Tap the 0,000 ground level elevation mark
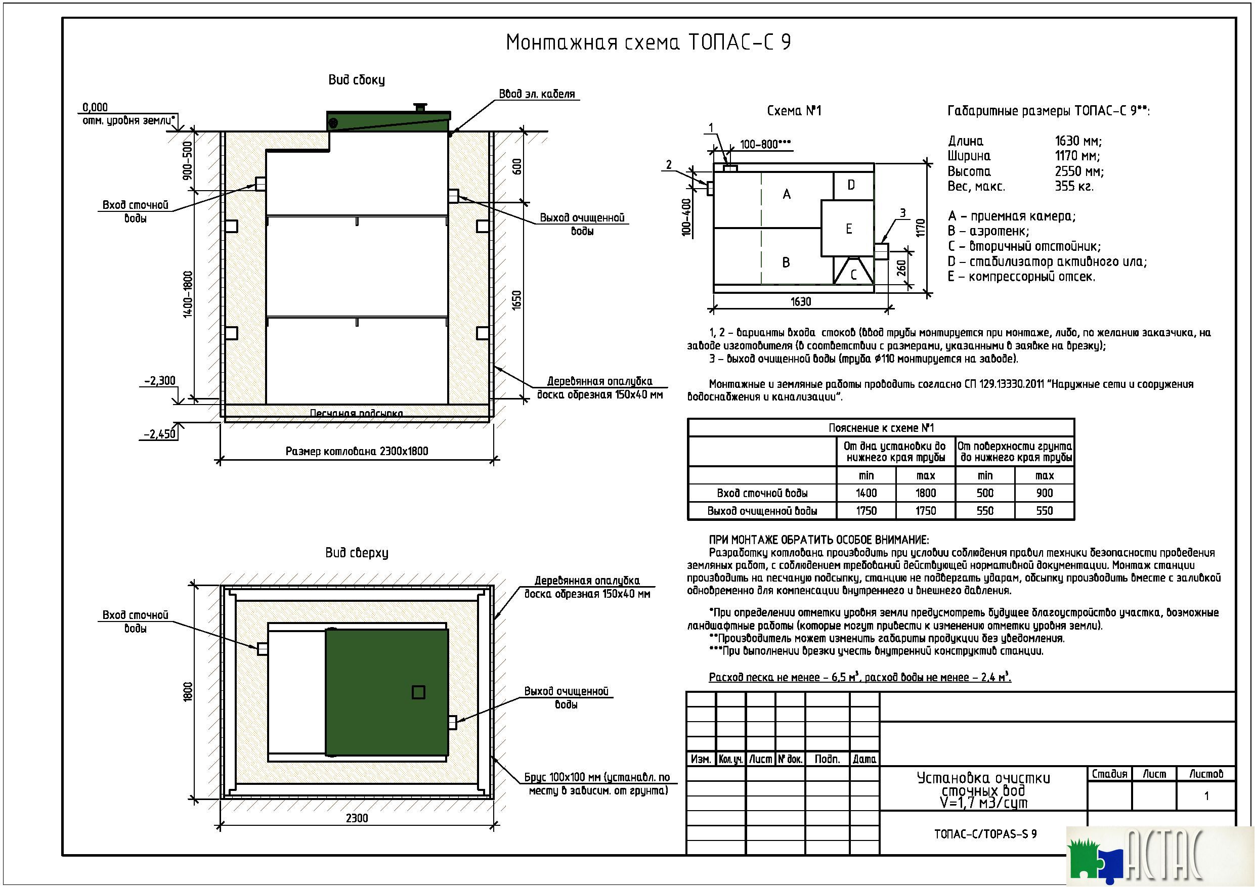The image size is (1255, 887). point(95,107)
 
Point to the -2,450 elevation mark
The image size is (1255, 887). point(160,434)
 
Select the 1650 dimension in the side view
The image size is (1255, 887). point(516,300)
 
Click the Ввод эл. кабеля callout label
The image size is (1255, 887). point(537,94)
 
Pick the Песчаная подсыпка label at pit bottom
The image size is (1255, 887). point(357,413)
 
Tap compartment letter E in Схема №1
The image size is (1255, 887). point(848,229)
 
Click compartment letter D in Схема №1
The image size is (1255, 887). point(851,185)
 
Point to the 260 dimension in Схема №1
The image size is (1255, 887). point(901,268)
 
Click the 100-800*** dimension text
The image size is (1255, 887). point(765,144)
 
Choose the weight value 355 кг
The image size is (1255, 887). point(1074,187)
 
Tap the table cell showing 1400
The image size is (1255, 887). point(866,493)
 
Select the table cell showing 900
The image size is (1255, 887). point(1044,493)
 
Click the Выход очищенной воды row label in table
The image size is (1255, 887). point(762,511)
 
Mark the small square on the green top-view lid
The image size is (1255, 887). point(418,692)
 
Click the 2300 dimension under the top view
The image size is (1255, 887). point(357,818)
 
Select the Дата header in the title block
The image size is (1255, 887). point(864,759)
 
